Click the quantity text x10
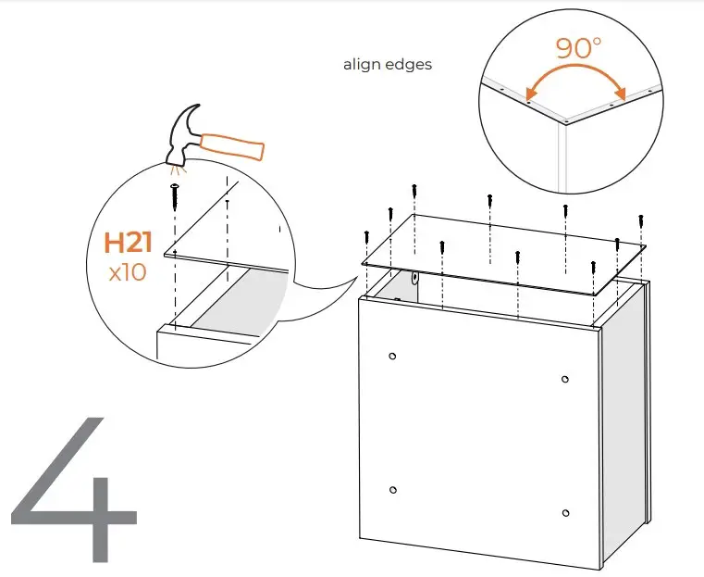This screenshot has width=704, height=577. (x=128, y=275)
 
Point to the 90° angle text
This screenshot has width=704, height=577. (x=579, y=48)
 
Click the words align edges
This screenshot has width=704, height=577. (x=388, y=65)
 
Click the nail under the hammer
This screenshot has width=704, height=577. (x=173, y=195)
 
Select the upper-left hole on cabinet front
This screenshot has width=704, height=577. (x=393, y=357)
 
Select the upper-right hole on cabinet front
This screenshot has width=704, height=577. (x=564, y=379)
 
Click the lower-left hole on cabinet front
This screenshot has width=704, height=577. (x=393, y=489)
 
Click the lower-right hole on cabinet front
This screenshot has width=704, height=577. (x=564, y=512)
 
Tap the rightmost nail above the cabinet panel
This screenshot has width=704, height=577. (x=640, y=223)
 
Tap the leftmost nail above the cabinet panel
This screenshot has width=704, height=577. (x=367, y=237)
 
